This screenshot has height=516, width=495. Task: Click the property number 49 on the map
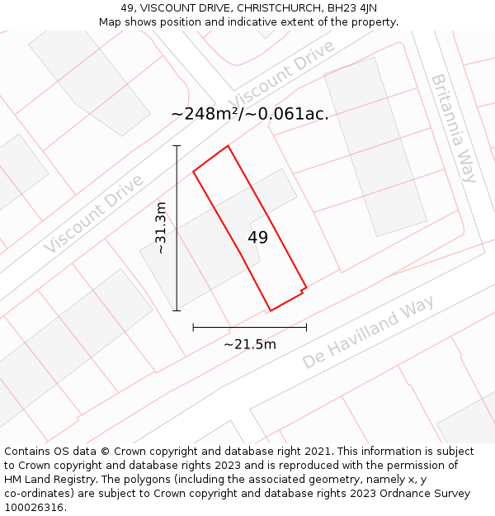(257, 238)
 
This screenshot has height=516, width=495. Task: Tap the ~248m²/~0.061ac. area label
(249, 114)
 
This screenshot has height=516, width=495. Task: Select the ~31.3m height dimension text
(161, 228)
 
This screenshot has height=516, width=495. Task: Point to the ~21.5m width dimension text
(249, 344)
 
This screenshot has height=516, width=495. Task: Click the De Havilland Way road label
(368, 334)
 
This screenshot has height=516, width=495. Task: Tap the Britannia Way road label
(453, 128)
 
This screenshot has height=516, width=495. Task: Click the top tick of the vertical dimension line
(177, 146)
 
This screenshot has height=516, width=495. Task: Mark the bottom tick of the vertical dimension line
(177, 310)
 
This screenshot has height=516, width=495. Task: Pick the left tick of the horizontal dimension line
(193, 327)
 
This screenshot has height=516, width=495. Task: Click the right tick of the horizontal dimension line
(306, 327)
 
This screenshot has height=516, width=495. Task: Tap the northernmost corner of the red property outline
(228, 146)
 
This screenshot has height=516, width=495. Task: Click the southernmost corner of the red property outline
(270, 310)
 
